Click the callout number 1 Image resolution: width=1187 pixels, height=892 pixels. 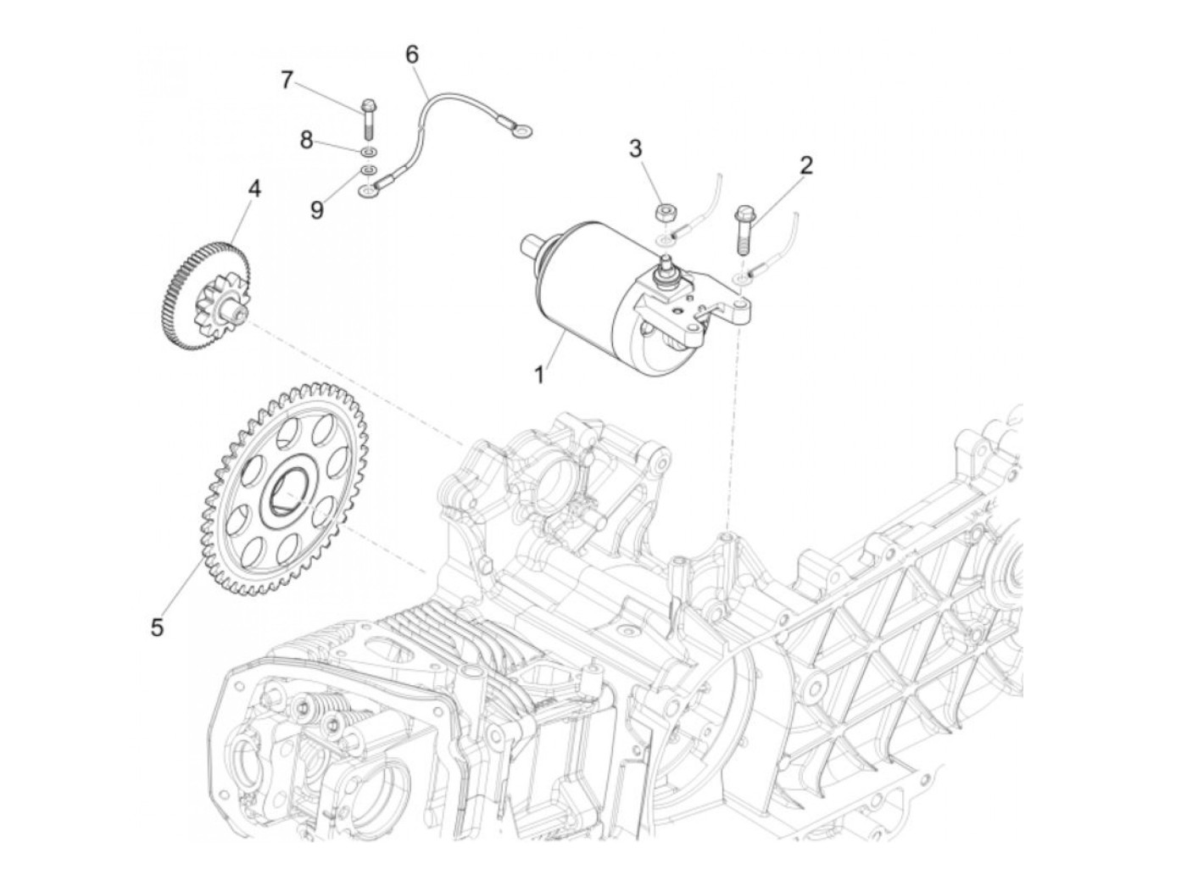click(x=539, y=374)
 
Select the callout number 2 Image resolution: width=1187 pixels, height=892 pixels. click(x=805, y=164)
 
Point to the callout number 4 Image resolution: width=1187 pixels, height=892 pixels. click(x=254, y=188)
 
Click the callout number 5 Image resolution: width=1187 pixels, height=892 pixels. click(x=157, y=627)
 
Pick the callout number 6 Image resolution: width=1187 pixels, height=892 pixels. click(x=412, y=54)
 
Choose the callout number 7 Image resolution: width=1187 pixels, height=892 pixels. click(x=287, y=81)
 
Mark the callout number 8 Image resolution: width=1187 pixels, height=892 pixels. click(x=306, y=140)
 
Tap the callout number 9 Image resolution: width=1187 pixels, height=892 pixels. click(x=316, y=209)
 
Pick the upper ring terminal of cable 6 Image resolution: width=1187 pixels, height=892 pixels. click(x=525, y=130)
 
